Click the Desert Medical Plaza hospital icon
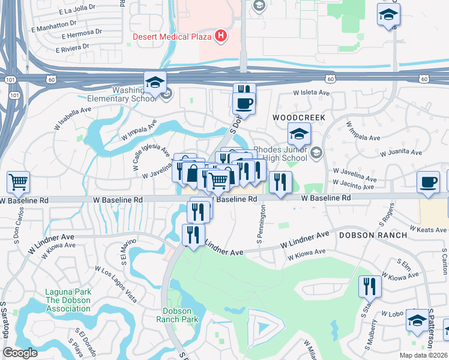[221, 36]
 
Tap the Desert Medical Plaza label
[172, 37]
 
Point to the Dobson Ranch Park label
[181, 315]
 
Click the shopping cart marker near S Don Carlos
[19, 181]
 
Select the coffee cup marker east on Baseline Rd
[428, 182]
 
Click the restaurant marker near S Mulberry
[369, 286]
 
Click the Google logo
[20, 353]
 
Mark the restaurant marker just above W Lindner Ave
[193, 233]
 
